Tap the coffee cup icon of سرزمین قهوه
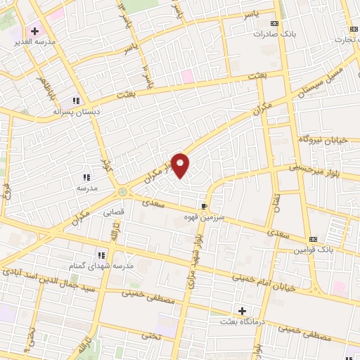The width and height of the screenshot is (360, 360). pos(205,206)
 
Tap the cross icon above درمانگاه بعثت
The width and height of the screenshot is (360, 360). pos(243,310)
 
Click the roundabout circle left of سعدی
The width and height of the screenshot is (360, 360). pos(124,191)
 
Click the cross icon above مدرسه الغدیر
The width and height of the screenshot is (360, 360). pos(34,31)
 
